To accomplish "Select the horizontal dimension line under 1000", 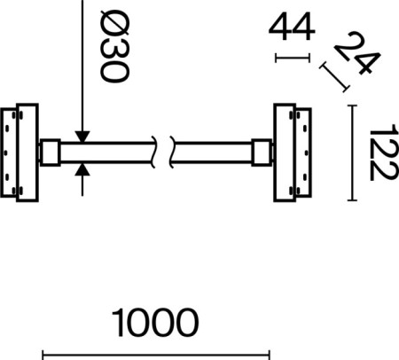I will [155, 356].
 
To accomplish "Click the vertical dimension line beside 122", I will [354, 152].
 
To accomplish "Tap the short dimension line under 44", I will [293, 59].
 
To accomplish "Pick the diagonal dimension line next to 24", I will [334, 76].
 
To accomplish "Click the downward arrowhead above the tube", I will [81, 134].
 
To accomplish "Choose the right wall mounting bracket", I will [292, 153].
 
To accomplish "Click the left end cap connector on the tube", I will [50, 153].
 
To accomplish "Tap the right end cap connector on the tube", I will [263, 153].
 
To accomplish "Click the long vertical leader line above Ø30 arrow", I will [81, 62].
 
